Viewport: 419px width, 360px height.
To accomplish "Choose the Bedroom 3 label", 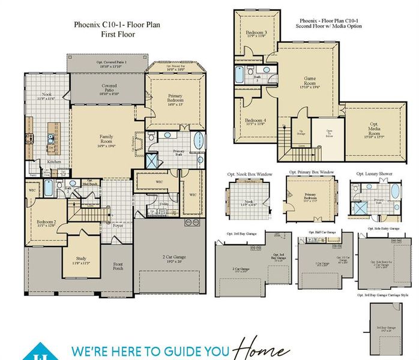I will pyautogui.click(x=255, y=34).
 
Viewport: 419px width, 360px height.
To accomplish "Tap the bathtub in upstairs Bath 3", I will pyautogui.click(x=240, y=76).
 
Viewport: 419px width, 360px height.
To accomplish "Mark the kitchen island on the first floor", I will pyautogui.click(x=52, y=138).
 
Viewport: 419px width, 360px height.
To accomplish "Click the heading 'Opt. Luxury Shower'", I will pyautogui.click(x=373, y=173).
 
